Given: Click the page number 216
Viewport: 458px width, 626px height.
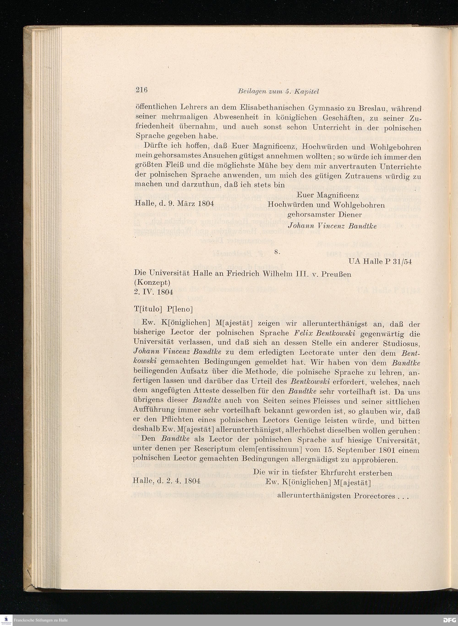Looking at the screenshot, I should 141,90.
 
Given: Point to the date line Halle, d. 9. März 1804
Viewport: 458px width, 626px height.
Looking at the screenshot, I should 174,203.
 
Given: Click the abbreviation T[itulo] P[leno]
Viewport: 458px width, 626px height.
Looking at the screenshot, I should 163,309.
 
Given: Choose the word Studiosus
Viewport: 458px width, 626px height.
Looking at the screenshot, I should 402,343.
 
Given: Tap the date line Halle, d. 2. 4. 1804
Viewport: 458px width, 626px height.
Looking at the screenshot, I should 167,481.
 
